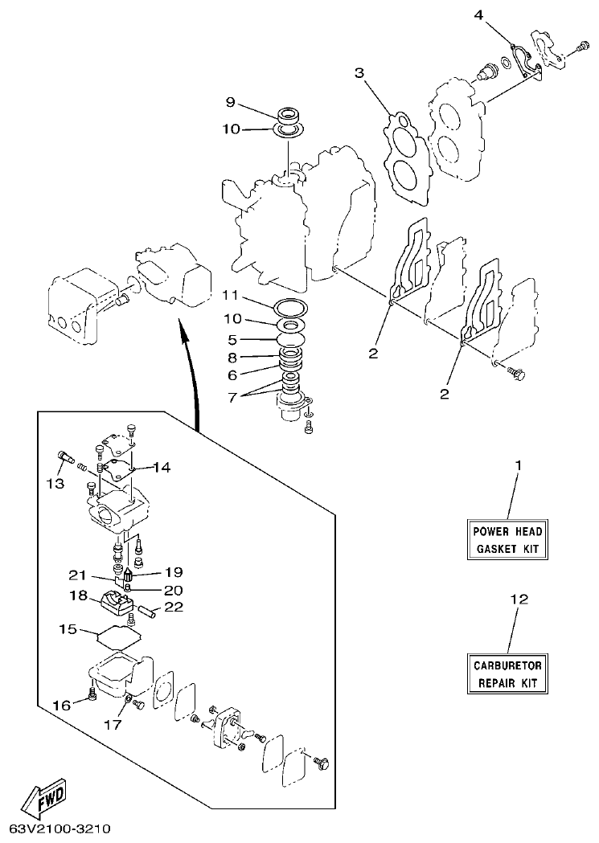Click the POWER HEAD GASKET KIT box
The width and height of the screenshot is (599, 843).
[x=507, y=540]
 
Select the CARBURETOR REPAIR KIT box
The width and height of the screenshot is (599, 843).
[x=507, y=673]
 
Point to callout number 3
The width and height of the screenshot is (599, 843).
[x=359, y=73]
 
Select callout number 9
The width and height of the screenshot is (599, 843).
[x=230, y=102]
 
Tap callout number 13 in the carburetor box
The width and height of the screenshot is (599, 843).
[x=54, y=483]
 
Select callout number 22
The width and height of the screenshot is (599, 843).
[x=174, y=607]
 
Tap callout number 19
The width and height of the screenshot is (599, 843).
[x=174, y=572]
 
